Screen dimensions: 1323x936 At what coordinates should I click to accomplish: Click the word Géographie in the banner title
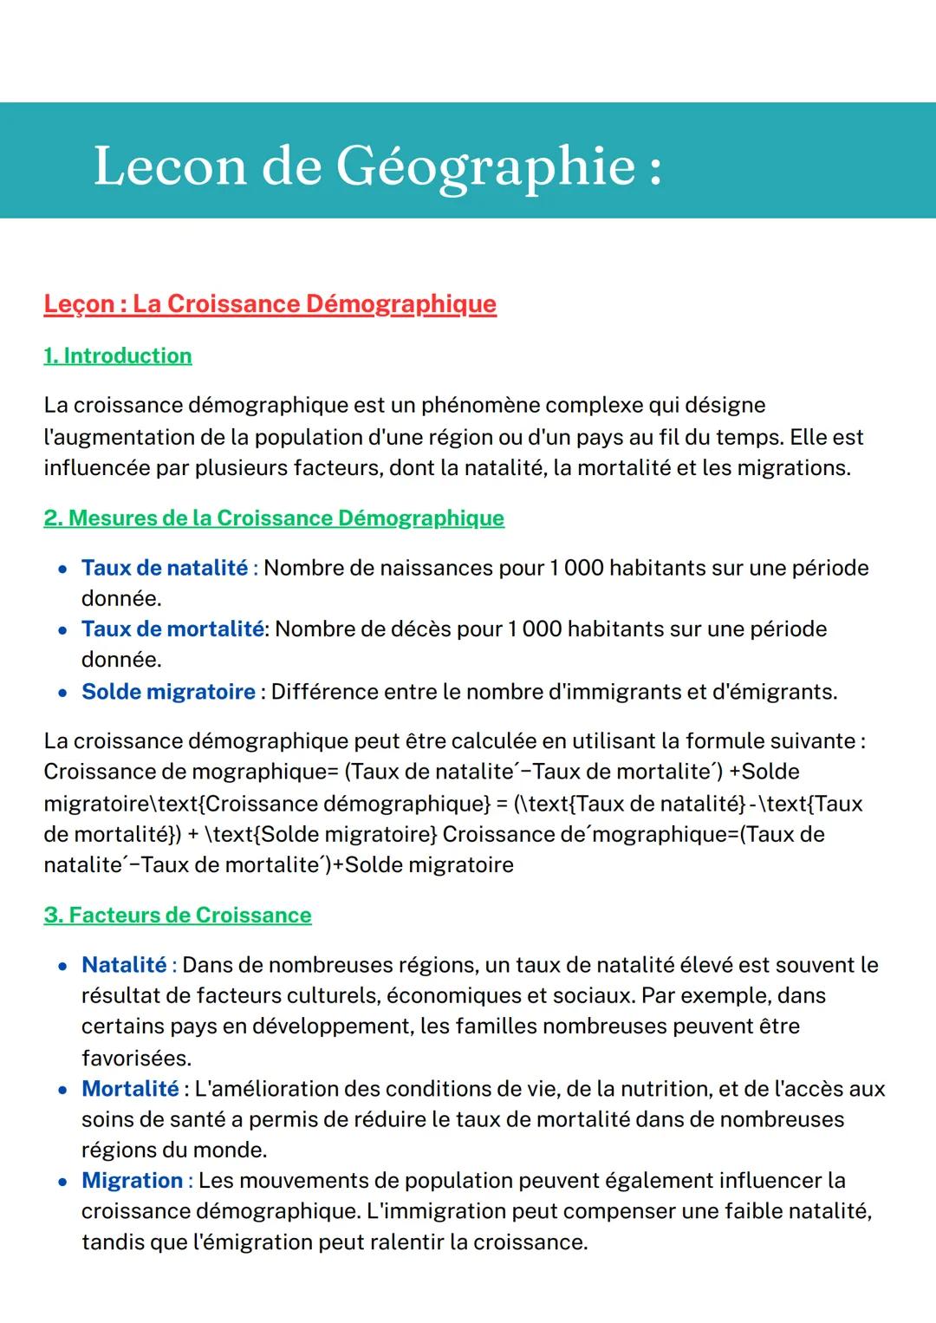click(x=485, y=166)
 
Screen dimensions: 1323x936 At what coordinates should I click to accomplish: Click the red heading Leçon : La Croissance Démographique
click(x=270, y=304)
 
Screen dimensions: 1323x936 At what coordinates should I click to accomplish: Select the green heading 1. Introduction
click(x=118, y=356)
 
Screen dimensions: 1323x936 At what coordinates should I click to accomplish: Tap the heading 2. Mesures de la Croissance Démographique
click(x=274, y=518)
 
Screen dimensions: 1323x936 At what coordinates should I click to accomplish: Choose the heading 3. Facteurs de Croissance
click(x=178, y=916)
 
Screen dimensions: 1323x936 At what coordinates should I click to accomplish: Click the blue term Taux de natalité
click(x=165, y=568)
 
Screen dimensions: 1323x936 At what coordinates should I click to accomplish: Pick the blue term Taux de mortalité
click(x=172, y=629)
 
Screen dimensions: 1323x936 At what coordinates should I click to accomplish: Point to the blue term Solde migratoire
click(x=168, y=692)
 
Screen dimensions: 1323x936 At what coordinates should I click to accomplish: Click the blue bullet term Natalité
click(x=124, y=965)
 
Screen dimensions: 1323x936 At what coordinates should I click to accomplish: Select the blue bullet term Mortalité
click(x=130, y=1089)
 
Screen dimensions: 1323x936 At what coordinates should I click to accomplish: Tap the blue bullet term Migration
click(x=132, y=1181)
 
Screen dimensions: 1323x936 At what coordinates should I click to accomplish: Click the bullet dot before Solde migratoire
click(x=62, y=693)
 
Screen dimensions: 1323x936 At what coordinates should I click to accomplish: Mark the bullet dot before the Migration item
click(x=62, y=1182)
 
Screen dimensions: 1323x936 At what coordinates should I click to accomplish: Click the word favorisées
click(x=136, y=1058)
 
